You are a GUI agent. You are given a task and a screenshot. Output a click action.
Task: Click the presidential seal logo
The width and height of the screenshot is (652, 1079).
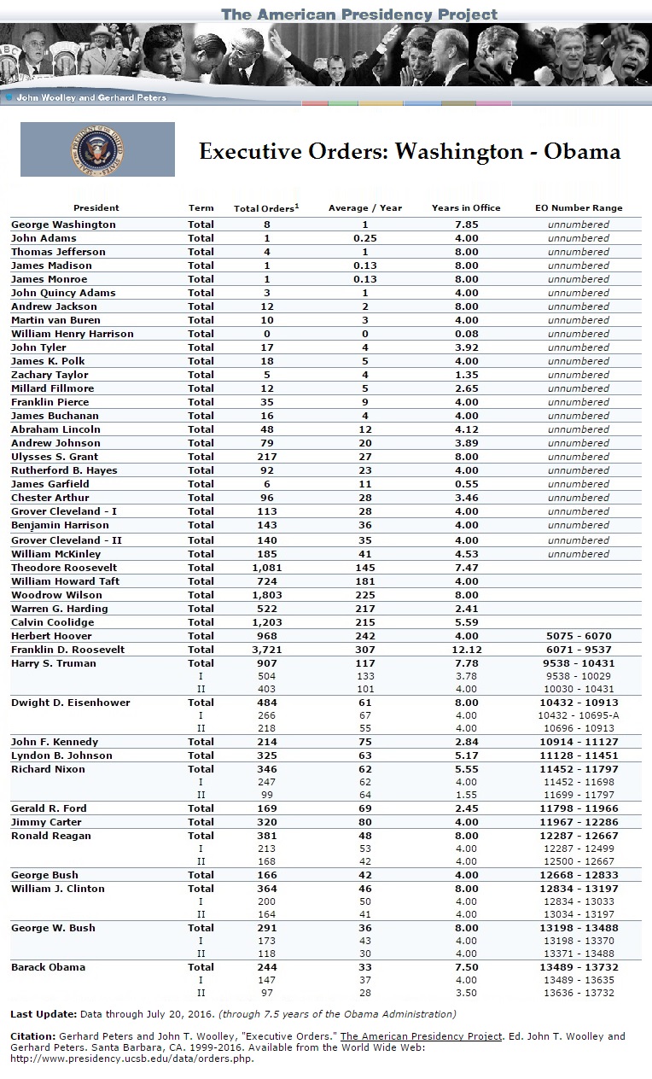[97, 150]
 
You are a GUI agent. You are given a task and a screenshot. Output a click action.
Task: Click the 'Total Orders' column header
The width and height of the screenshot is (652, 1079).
[265, 208]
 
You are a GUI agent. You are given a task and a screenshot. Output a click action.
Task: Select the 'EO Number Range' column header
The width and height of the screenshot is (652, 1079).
[579, 208]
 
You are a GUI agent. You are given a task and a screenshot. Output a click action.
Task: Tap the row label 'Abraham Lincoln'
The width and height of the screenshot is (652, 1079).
[55, 429]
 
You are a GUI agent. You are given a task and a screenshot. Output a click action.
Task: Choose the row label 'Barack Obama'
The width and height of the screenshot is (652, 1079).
[48, 967]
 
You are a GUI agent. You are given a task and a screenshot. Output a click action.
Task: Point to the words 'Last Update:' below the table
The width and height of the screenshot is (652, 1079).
[44, 1014]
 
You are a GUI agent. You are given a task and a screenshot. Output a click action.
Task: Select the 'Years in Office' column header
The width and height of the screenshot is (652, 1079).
[466, 208]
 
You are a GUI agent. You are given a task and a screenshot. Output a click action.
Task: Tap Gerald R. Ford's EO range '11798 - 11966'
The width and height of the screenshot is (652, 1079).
[579, 808]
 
